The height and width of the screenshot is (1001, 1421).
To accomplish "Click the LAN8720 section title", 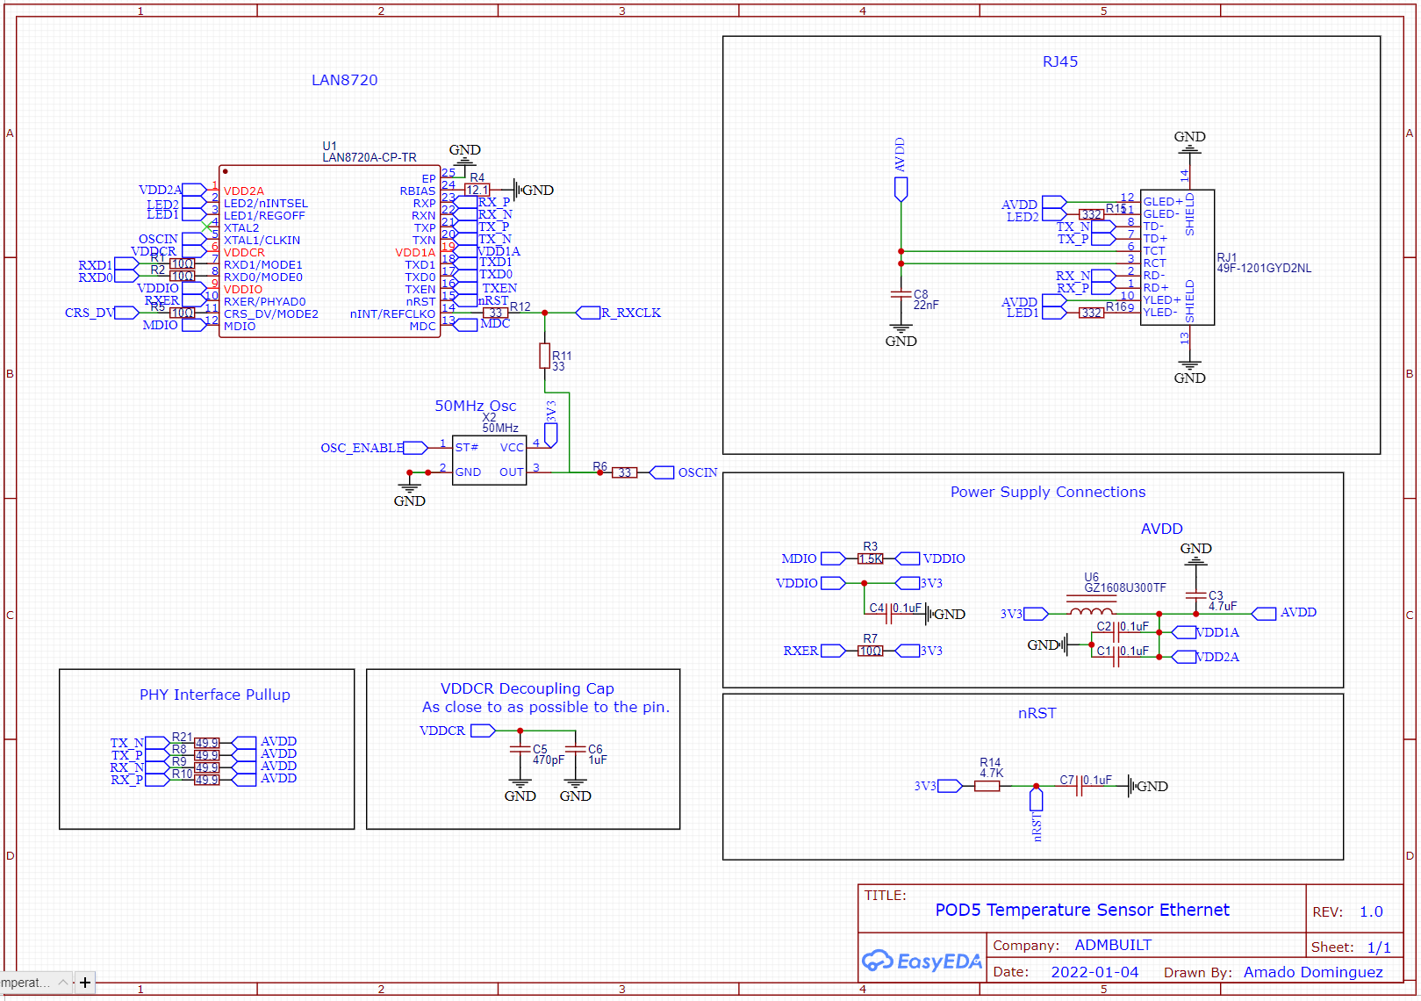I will [x=344, y=80].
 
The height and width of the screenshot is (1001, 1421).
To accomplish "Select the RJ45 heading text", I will [x=1059, y=61].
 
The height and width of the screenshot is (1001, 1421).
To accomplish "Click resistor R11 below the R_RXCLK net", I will [x=545, y=356].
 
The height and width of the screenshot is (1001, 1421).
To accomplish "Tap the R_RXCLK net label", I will [x=630, y=313].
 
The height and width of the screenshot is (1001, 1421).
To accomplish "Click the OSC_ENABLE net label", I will [x=362, y=448].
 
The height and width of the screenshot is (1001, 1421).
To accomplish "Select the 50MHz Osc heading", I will [x=475, y=406].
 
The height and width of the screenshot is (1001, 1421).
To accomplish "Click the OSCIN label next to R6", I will [x=697, y=472].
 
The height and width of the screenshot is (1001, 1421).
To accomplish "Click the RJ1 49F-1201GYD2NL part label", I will [x=1263, y=263].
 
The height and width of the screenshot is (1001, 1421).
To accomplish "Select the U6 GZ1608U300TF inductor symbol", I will [x=1091, y=612].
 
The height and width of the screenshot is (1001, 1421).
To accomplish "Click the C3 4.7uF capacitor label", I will [x=1222, y=601].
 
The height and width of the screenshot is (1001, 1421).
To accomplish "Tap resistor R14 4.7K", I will [x=987, y=786].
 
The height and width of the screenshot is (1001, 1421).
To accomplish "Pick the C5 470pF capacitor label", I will [x=548, y=754].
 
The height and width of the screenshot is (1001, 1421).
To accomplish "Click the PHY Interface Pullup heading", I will [x=214, y=695].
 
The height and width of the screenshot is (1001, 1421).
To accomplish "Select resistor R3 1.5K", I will [x=870, y=558].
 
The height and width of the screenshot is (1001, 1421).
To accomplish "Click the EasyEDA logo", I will [x=922, y=961].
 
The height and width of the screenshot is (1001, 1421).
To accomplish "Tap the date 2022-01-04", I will [x=1094, y=972].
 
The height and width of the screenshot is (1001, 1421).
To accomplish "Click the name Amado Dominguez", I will [x=1312, y=972].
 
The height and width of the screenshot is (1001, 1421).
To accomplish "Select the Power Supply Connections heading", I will [x=1047, y=492].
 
